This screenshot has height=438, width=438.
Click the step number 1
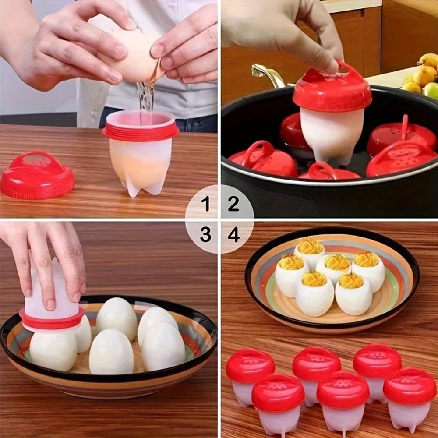click(205, 203)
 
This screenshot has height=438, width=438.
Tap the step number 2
click(233, 203)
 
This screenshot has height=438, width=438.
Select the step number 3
click(205, 235)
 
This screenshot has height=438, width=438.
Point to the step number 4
click(233, 235)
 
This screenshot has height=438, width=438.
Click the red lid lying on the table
click(37, 175)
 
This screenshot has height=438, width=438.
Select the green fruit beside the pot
click(431, 90)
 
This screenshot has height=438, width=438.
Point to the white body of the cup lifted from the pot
click(331, 134)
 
